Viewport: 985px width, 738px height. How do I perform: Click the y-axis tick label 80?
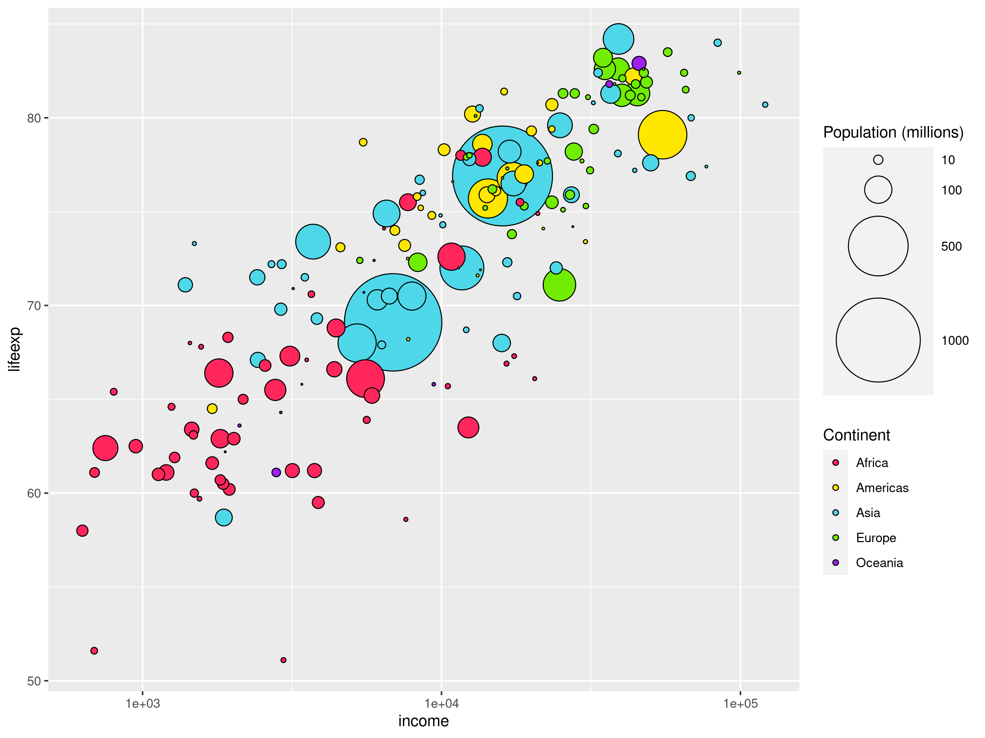tap(34, 118)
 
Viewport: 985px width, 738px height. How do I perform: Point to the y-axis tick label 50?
tap(34, 681)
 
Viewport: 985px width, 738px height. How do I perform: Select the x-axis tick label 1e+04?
tap(441, 703)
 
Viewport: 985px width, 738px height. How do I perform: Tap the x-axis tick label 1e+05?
tap(740, 703)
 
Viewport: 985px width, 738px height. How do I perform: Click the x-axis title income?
tap(423, 721)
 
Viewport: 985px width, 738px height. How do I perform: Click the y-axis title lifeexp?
tap(14, 349)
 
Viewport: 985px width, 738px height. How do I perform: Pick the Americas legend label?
tap(882, 488)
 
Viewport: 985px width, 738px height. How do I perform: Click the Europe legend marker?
tap(836, 538)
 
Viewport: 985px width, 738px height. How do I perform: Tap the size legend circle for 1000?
tap(878, 340)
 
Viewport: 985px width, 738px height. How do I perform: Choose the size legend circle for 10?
tap(878, 160)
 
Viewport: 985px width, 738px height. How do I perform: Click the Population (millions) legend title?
tap(893, 133)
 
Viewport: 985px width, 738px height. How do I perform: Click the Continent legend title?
tap(856, 435)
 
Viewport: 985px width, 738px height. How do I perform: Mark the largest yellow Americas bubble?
tap(662, 134)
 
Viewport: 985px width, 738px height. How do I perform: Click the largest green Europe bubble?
tap(559, 285)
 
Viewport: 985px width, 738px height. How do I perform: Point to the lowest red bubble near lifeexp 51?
tap(283, 660)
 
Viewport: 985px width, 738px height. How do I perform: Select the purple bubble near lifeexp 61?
tap(276, 472)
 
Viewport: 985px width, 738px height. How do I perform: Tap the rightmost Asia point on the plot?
tap(765, 105)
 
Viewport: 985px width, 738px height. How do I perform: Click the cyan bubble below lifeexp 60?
tap(223, 517)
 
